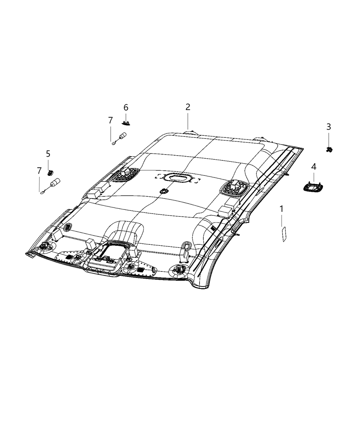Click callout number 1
(x=281, y=209)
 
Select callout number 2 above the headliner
(x=188, y=107)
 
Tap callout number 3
(x=328, y=127)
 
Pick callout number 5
(x=48, y=154)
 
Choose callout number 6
(x=126, y=108)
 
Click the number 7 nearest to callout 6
(x=110, y=120)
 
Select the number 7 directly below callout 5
(x=39, y=170)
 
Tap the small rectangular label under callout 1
(x=284, y=234)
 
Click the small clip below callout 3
(x=328, y=149)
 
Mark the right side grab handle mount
(x=234, y=188)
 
